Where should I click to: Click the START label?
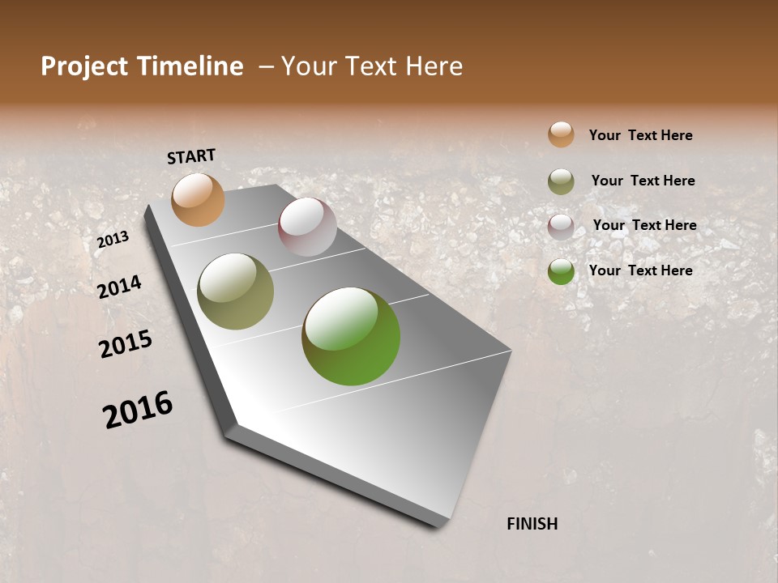point(191,156)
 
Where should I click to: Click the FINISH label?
point(532,524)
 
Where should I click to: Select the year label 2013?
point(113,239)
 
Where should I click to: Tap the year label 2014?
point(119,287)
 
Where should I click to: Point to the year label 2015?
point(126,344)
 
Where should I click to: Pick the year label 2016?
point(138,409)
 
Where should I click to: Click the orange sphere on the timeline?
point(198,199)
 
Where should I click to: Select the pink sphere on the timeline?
point(307,227)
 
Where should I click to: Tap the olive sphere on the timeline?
point(236,291)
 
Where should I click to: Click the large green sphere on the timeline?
point(351,336)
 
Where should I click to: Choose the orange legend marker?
point(561,134)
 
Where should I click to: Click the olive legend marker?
point(561,181)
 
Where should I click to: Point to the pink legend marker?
point(561,227)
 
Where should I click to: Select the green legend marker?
point(561,271)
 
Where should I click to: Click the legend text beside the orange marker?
point(640,135)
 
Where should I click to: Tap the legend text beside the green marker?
point(640,270)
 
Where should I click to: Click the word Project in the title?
point(83,66)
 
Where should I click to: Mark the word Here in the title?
point(434,66)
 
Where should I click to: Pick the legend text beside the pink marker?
point(644,225)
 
